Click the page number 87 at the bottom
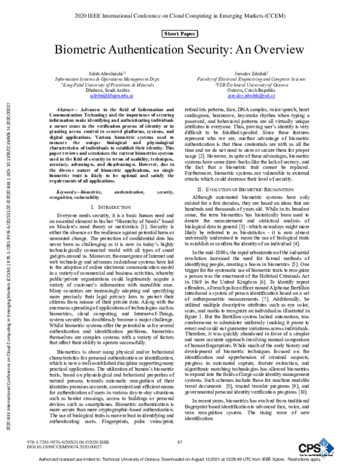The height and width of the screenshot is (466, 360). click(x=179, y=442)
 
